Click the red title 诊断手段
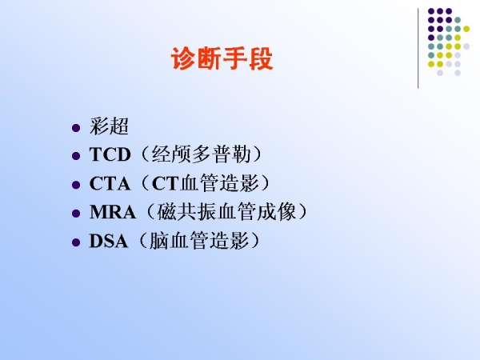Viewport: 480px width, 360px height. (222, 58)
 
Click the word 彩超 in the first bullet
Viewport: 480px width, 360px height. (109, 126)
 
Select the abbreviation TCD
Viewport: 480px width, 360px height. (110, 154)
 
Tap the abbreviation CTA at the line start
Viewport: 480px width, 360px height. (110, 184)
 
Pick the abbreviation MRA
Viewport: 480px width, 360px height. (113, 212)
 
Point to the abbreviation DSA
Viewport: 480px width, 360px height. (108, 241)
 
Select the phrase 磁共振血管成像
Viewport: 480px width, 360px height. (226, 211)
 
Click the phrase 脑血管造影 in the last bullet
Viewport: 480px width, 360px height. (199, 241)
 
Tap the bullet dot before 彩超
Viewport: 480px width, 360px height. (76, 128)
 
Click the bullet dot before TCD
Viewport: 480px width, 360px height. (76, 156)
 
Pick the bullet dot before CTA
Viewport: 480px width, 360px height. (76, 185)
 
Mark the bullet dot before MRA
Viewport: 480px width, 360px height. (76, 214)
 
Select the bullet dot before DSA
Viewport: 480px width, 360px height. (76, 242)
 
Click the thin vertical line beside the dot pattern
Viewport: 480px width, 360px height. (418, 48)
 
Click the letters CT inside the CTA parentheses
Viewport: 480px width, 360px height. (166, 184)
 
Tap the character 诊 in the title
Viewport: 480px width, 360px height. (183, 58)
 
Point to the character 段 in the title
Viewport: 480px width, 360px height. (261, 58)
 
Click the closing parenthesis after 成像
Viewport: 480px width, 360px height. (302, 211)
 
